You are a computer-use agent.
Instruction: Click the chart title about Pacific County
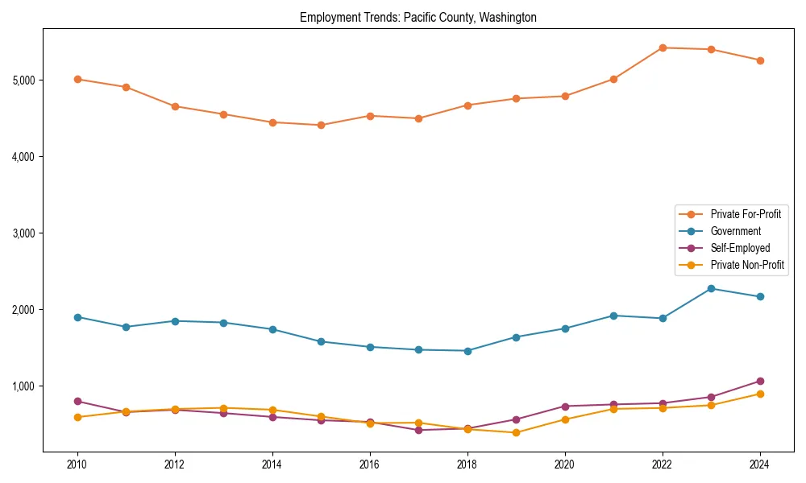click(418, 17)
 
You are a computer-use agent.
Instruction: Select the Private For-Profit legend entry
click(746, 214)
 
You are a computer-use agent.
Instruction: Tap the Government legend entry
click(735, 231)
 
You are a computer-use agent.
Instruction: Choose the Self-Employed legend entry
click(740, 248)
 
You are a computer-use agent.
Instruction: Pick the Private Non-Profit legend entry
click(747, 265)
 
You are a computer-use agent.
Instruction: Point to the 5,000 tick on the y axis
click(23, 80)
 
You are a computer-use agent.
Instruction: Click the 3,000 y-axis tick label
click(23, 233)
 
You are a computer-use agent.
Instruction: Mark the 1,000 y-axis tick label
click(23, 386)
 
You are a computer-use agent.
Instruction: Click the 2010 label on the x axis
click(77, 464)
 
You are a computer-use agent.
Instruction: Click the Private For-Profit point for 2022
click(663, 47)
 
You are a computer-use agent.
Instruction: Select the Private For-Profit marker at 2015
click(321, 125)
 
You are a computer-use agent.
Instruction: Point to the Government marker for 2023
click(711, 288)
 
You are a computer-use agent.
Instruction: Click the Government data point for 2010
click(77, 317)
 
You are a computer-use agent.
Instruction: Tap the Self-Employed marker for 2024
click(760, 381)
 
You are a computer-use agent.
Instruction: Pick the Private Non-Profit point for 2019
click(516, 432)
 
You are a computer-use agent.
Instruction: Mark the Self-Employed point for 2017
click(418, 430)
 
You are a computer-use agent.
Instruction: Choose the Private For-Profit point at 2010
click(77, 79)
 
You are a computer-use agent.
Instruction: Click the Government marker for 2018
click(467, 351)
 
